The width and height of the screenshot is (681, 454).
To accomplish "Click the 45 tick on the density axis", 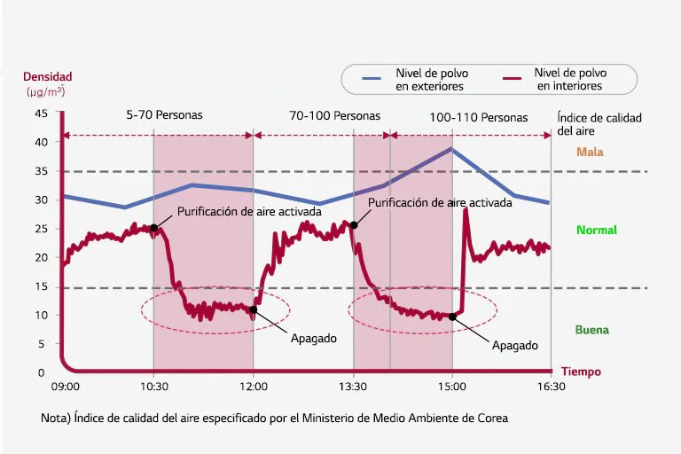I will (x=41, y=113).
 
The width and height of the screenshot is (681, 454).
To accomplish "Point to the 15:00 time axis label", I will (x=452, y=387).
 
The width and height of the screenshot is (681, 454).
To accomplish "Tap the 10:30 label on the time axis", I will (x=153, y=387).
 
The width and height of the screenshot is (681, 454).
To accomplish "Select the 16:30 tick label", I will (x=551, y=387).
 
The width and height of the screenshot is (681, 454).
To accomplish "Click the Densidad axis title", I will (x=47, y=77).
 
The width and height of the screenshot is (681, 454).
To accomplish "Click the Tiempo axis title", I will (x=581, y=372).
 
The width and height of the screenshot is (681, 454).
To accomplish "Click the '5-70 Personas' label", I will (x=164, y=115).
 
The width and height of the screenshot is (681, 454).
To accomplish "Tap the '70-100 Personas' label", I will (x=335, y=115).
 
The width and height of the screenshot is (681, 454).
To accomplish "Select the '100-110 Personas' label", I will (x=478, y=117).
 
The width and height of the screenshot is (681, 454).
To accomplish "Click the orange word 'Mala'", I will (x=590, y=152).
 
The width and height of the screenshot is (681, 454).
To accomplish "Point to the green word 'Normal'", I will (x=596, y=231).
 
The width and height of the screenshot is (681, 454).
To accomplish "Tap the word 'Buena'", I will (x=591, y=330).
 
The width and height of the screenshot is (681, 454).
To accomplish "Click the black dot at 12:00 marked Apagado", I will (x=254, y=309).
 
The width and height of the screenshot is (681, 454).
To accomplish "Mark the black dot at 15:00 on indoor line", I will (x=452, y=317).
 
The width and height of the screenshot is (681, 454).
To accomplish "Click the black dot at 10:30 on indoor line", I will (x=153, y=228).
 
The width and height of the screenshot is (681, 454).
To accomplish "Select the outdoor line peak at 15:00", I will (x=452, y=149).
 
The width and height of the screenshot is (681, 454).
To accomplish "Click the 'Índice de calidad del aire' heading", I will (x=599, y=124).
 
